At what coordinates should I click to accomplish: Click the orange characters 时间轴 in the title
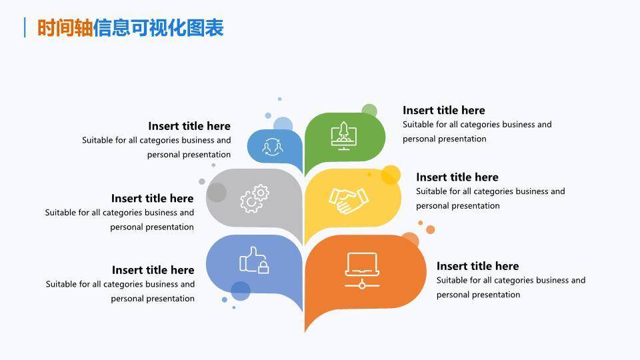point(65,28)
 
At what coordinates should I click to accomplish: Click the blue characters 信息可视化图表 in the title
point(158,28)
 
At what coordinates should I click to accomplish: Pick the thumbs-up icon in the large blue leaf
point(254,261)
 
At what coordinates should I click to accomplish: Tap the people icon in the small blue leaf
point(273,147)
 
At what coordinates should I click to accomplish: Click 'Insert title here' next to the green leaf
point(443,110)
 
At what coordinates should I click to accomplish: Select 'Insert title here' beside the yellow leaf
point(457,177)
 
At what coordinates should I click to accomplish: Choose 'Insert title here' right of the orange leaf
point(477,266)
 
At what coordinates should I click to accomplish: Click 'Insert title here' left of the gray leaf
point(152,198)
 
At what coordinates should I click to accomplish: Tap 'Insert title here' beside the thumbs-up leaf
point(153,270)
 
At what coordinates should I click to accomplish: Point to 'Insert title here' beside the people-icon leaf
point(189,126)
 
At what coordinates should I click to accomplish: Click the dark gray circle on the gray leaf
point(217,193)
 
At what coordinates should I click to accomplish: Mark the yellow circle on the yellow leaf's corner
point(391,175)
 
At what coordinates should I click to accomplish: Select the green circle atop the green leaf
point(369,111)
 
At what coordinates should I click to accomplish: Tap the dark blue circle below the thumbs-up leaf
point(240,291)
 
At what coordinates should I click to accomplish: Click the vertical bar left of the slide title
point(25,28)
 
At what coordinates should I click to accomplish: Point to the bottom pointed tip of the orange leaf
point(305,330)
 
